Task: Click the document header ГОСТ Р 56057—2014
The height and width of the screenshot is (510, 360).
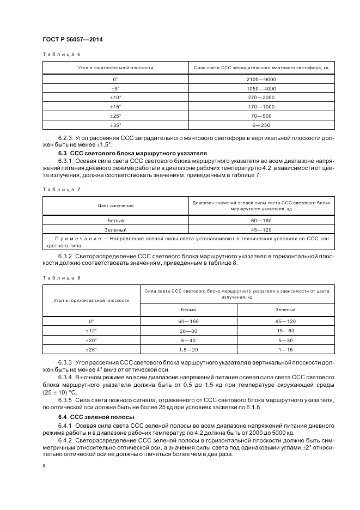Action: [72, 40]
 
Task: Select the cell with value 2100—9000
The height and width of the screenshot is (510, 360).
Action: [261, 80]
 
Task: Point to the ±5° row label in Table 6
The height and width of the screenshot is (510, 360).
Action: [115, 88]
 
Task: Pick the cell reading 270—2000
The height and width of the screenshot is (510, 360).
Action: [261, 97]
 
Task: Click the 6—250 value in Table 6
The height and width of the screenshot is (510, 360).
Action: [261, 125]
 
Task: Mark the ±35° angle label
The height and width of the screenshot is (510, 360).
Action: [115, 125]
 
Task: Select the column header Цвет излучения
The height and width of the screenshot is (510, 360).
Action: [115, 205]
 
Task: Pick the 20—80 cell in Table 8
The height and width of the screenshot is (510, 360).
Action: [188, 331]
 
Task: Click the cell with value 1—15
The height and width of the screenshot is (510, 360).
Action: [285, 349]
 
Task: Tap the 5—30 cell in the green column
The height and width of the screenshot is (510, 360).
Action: [285, 340]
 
